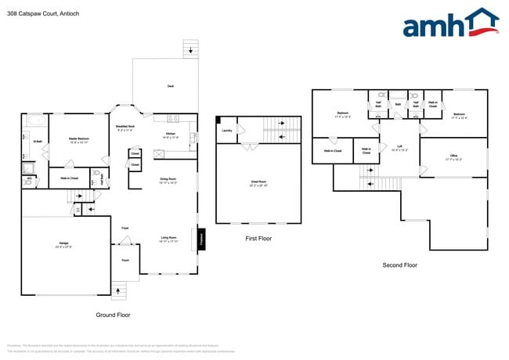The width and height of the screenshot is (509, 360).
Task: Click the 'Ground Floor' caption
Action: pos(114,315)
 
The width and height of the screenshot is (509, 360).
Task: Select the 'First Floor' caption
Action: pos(258,238)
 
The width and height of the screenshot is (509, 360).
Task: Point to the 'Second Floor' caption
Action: pos(399,265)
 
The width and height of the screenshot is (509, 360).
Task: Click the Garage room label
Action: pos(64,245)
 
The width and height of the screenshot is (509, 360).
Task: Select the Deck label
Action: pos(171,86)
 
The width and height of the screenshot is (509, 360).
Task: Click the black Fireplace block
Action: pos(203,238)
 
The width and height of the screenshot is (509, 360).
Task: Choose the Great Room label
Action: pos(258,185)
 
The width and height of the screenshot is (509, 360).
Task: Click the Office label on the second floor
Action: pos(455,157)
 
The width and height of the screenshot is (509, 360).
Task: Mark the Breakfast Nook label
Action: pos(127,128)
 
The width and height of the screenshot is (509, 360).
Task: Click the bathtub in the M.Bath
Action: pos(36,121)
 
